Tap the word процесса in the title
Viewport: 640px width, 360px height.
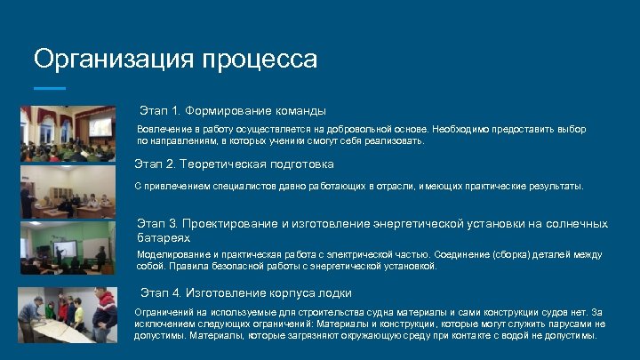260,60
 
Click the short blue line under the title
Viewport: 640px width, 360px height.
50,88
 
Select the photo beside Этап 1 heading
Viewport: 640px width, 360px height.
68,133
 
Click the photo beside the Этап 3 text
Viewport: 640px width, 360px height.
68,248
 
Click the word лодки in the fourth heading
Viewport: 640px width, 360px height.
334,293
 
